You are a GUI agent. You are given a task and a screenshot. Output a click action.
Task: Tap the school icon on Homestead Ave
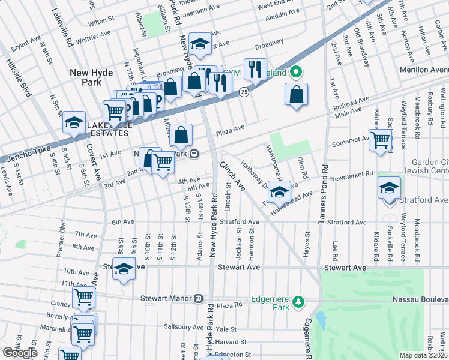point(279,192)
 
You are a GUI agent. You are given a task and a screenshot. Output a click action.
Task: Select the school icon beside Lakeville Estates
point(74,122)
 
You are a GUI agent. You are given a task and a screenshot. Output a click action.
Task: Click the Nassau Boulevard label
point(418,299)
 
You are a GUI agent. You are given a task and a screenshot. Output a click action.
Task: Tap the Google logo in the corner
point(20,353)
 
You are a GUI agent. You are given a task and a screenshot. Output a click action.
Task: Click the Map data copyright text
point(423,355)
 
